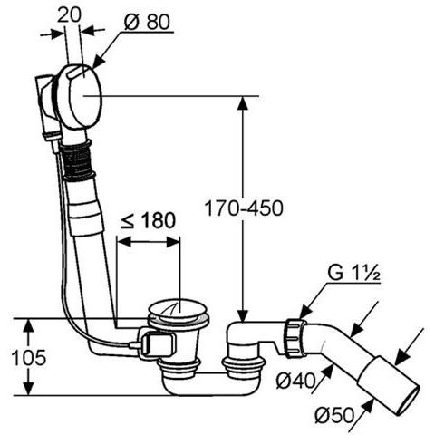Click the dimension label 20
[69, 15]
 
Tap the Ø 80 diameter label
[147, 22]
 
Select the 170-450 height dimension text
[244, 208]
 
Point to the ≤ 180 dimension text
[148, 220]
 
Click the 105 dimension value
[29, 357]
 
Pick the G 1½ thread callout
[353, 273]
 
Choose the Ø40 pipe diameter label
[295, 381]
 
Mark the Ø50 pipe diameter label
[334, 415]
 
